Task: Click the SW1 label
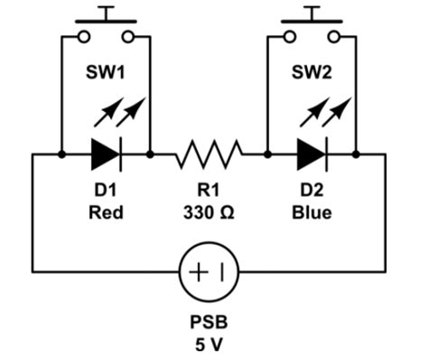106,71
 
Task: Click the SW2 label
312,71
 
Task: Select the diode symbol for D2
312,155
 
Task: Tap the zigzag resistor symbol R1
209,154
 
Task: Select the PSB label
209,321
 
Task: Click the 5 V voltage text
209,344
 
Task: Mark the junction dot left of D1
61,155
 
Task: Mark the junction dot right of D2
357,155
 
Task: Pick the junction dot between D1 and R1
150,155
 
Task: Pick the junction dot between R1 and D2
268,155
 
